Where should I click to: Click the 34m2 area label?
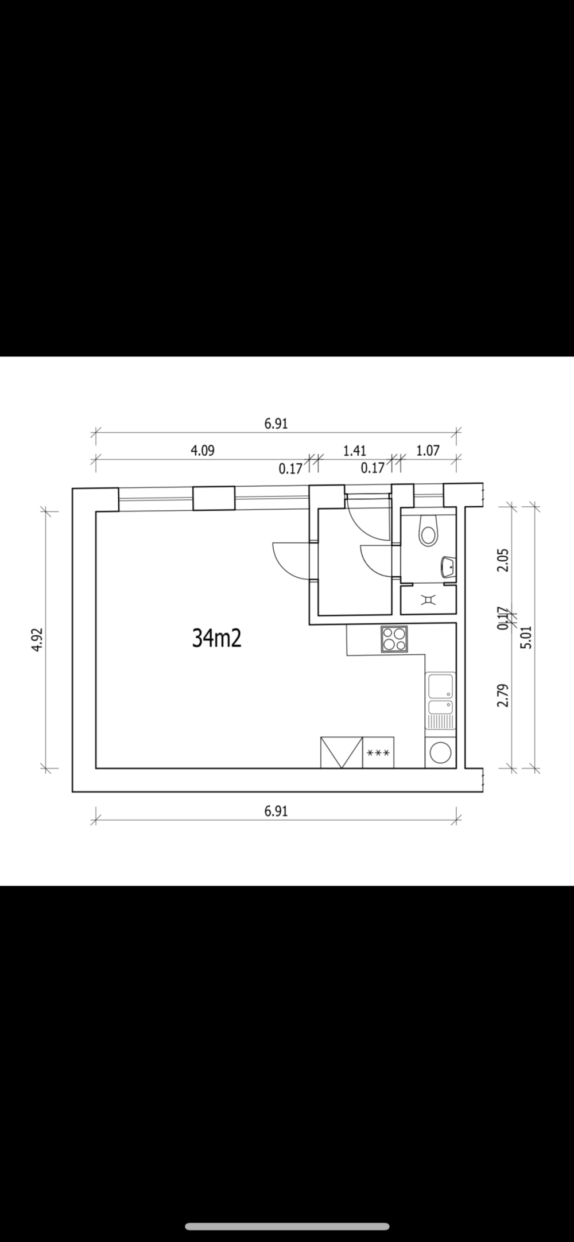pyautogui.click(x=216, y=638)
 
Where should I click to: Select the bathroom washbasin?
pyautogui.click(x=448, y=567)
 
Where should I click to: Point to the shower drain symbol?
pyautogui.click(x=428, y=600)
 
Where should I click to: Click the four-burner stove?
pyautogui.click(x=394, y=639)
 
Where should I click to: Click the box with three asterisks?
pyautogui.click(x=378, y=752)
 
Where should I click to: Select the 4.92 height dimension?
pyautogui.click(x=37, y=639)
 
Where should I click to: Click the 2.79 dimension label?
pyautogui.click(x=503, y=695)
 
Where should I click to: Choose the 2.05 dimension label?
pyautogui.click(x=503, y=560)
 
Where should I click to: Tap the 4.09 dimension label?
pyautogui.click(x=203, y=451)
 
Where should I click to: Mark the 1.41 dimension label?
pyautogui.click(x=355, y=451)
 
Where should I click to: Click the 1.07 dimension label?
pyautogui.click(x=428, y=451)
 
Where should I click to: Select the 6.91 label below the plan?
pyautogui.click(x=276, y=811)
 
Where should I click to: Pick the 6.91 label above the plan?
pyautogui.click(x=276, y=424)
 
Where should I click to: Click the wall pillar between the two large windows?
pyautogui.click(x=214, y=498)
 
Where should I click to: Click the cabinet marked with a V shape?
pyautogui.click(x=342, y=752)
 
